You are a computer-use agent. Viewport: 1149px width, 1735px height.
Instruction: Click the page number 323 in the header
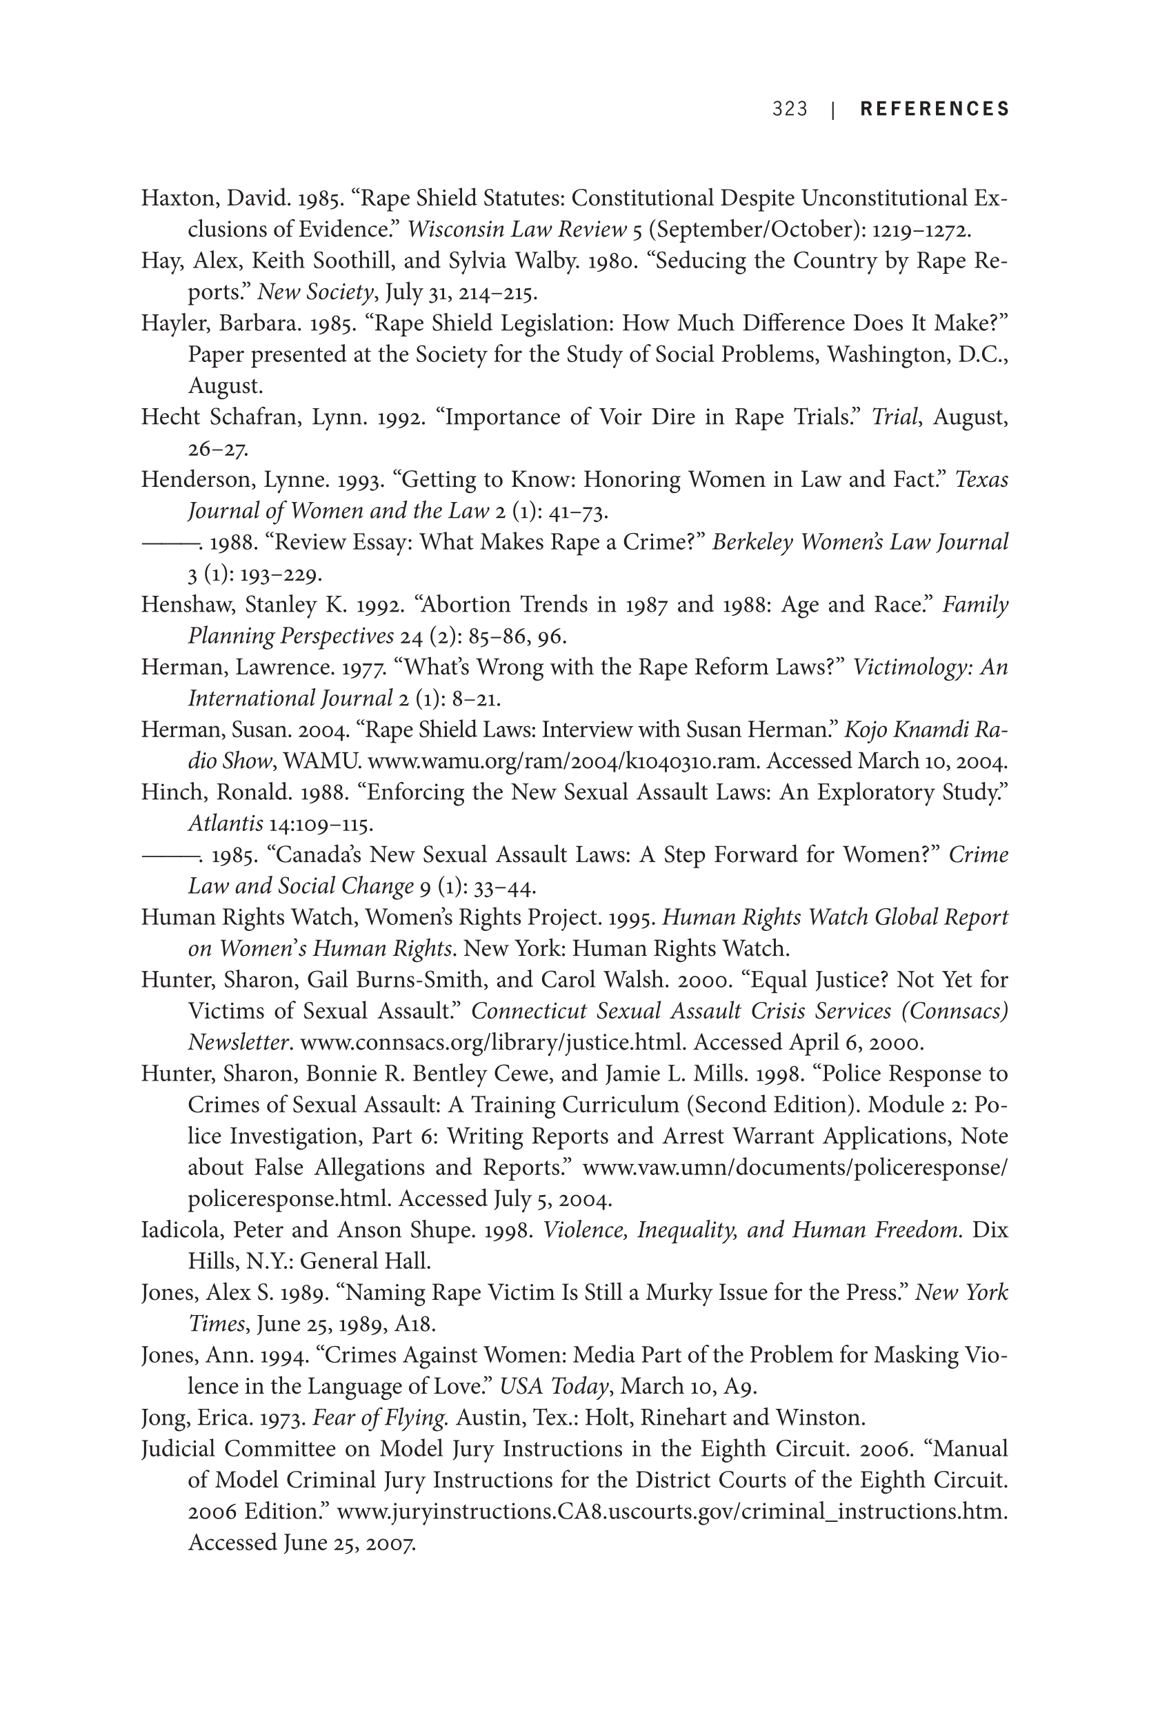pos(789,109)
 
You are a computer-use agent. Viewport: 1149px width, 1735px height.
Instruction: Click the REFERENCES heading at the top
pos(935,109)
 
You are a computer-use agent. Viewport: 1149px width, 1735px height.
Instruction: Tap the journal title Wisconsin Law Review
pos(517,230)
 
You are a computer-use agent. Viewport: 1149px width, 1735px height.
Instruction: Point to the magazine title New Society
pos(316,292)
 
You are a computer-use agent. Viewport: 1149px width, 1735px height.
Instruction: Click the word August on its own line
pos(224,386)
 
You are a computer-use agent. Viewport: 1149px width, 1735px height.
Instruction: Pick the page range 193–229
pos(281,574)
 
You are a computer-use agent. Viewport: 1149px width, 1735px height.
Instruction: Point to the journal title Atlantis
pos(225,823)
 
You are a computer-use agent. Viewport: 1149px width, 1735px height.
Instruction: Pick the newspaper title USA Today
pos(554,1386)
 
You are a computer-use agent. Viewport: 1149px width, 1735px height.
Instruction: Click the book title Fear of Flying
pos(379,1418)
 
